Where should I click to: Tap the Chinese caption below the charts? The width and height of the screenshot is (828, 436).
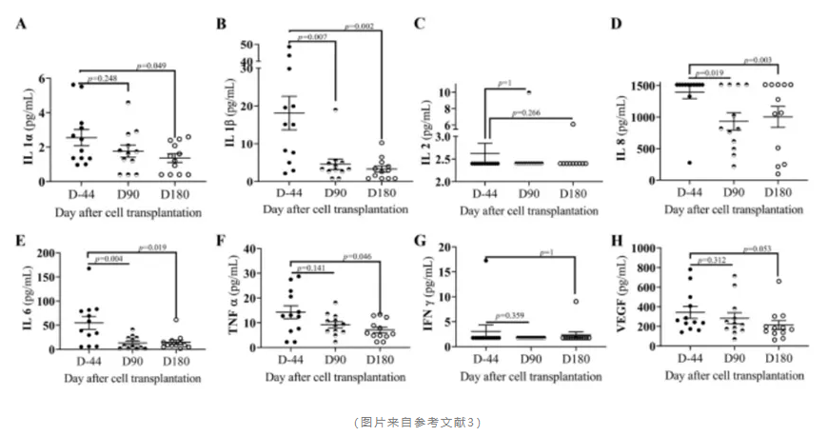413,419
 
